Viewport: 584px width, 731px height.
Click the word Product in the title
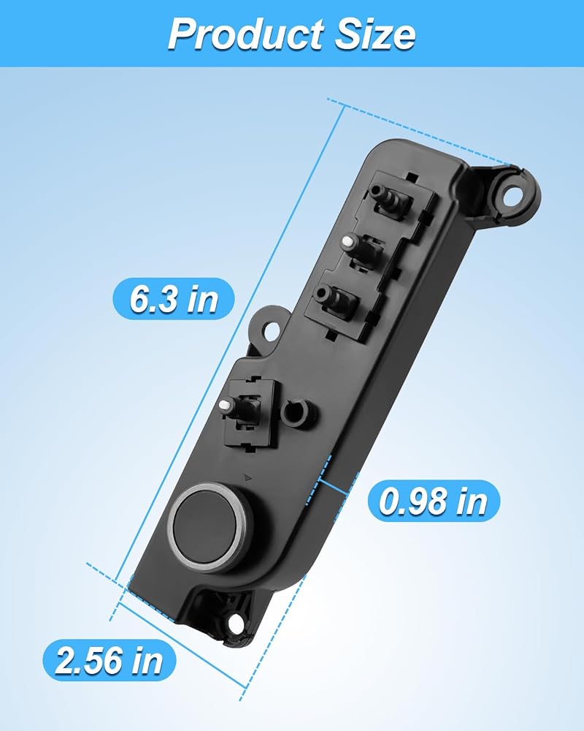[x=246, y=34]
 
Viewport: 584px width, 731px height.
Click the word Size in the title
[x=375, y=34]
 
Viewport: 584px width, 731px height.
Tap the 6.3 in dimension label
[x=174, y=299]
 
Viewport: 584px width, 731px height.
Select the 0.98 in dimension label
[x=434, y=501]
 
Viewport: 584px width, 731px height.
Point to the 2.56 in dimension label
[x=109, y=660]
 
